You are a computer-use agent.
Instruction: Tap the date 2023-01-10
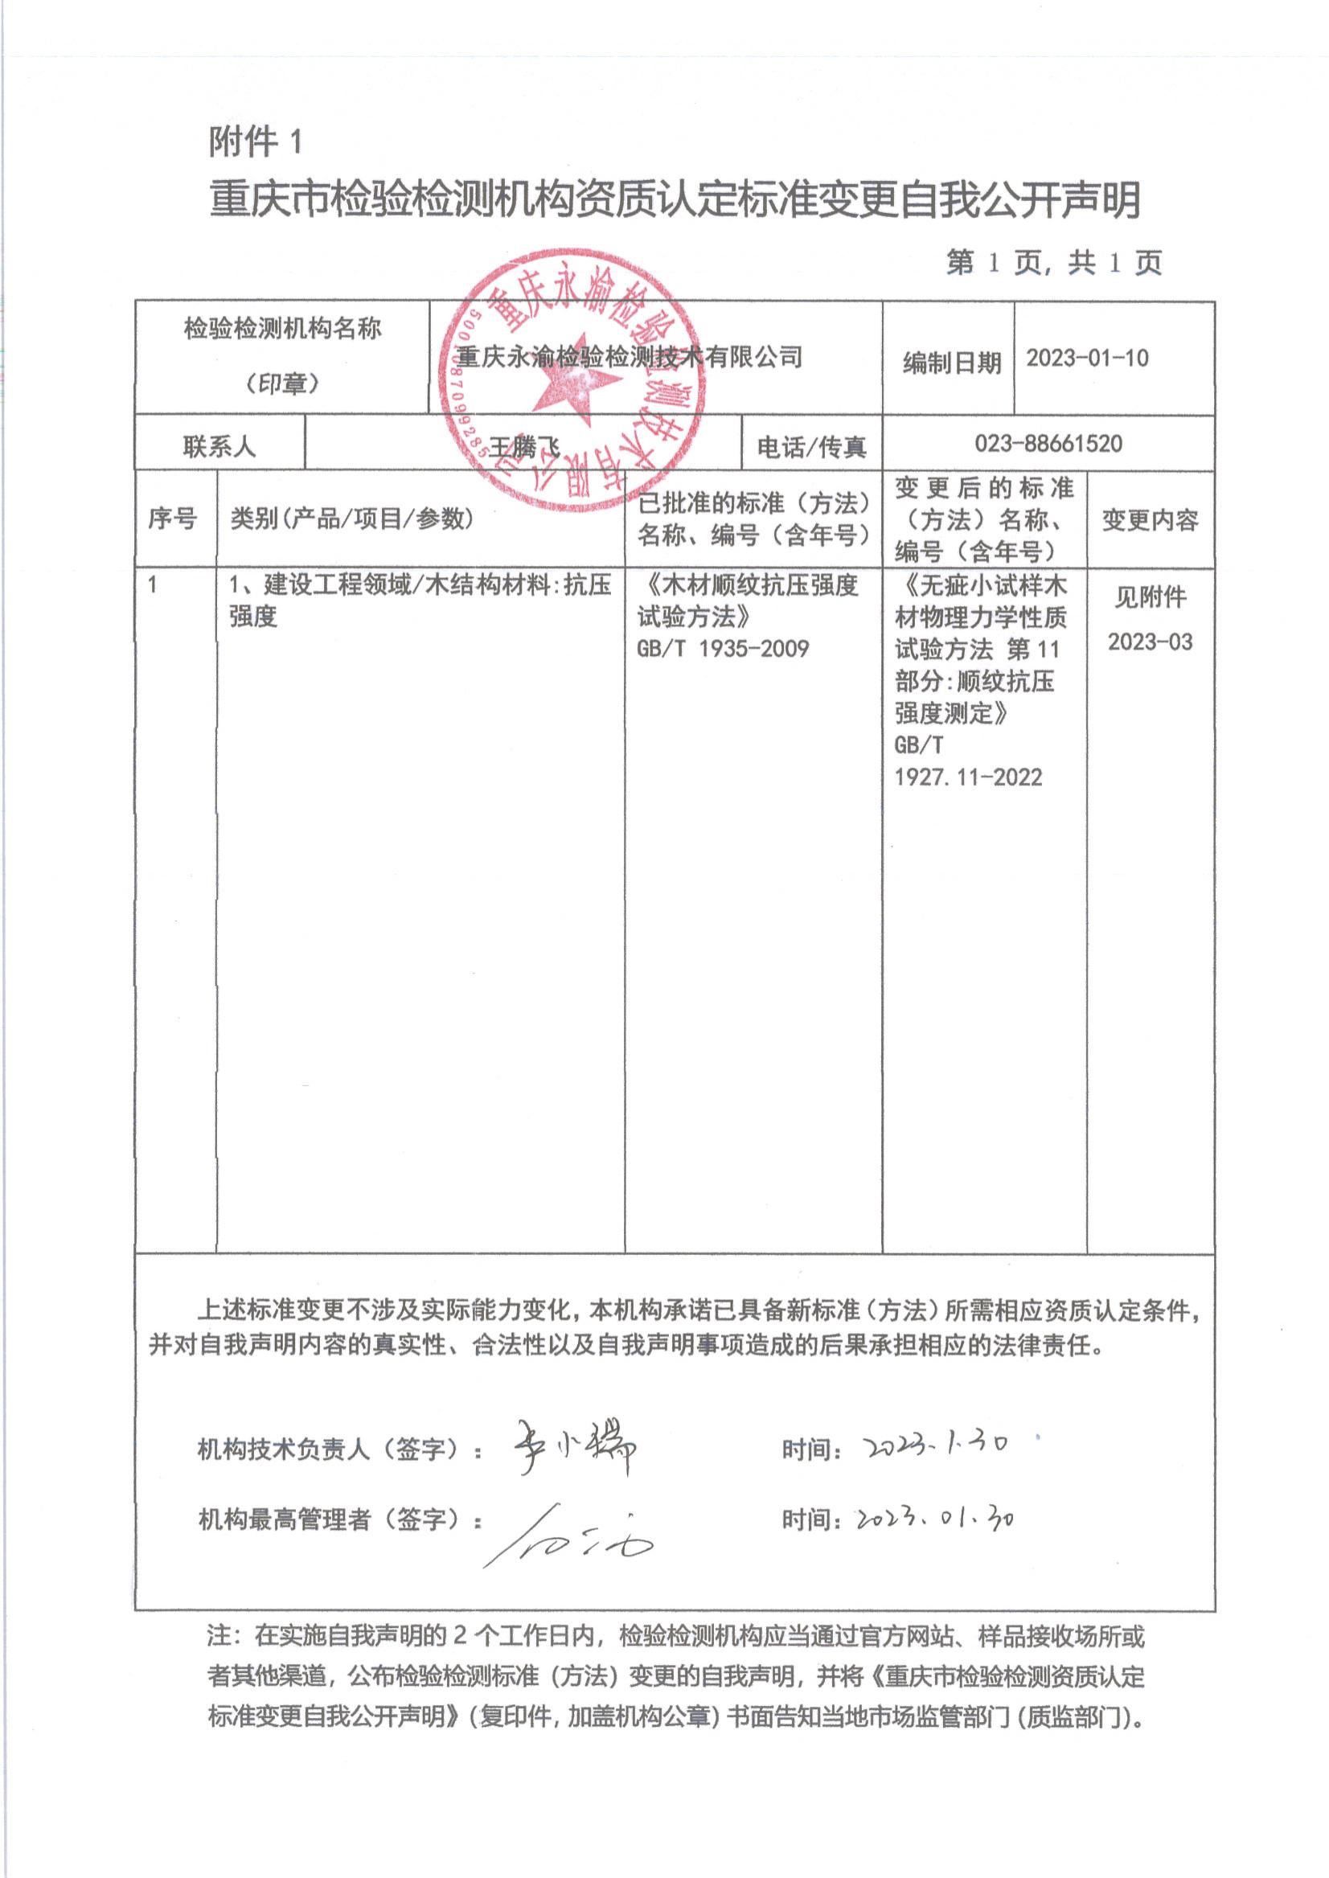[x=1087, y=359]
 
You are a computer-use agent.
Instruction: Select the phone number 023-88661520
[x=1048, y=444]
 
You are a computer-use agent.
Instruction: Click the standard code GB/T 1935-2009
[x=723, y=649]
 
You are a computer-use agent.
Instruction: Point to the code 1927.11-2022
[x=968, y=777]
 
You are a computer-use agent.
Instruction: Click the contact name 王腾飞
[x=523, y=447]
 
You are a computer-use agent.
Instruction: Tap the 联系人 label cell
[x=219, y=446]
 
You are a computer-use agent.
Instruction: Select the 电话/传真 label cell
[x=811, y=446]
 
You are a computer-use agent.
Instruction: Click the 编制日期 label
[x=951, y=363]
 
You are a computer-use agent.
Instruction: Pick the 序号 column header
[x=172, y=518]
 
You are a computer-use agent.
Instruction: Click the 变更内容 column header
[x=1150, y=519]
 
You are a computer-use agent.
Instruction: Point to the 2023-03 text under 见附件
[x=1150, y=642]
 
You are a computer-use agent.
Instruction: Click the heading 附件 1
[x=256, y=142]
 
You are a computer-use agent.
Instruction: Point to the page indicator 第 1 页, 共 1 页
[x=1054, y=263]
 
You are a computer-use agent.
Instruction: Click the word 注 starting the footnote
[x=219, y=1638]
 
